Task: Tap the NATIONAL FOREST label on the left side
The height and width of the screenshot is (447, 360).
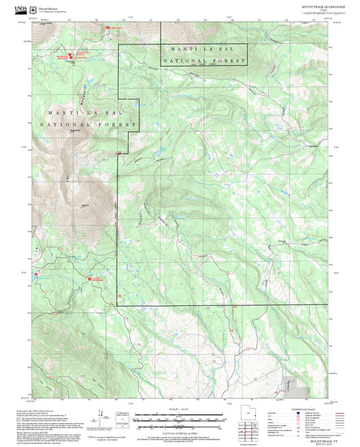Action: pyautogui.click(x=88, y=124)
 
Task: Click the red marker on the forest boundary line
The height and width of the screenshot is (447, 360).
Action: pyautogui.click(x=120, y=153)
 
